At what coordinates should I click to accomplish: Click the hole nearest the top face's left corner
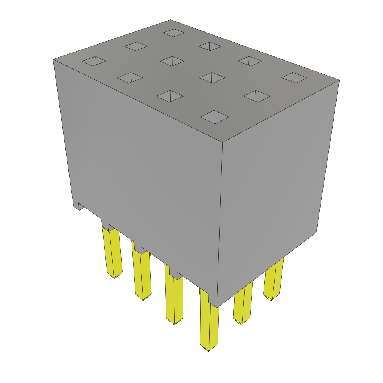pos(94,61)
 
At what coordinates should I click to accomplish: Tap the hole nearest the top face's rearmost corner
pos(174,33)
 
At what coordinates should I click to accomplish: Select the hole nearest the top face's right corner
pos(294,78)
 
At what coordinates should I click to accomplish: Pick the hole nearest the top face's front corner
pos(214,117)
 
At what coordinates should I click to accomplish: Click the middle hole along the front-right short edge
pos(257,96)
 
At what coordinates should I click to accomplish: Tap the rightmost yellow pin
pos(274,279)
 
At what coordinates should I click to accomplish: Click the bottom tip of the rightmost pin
pos(272,298)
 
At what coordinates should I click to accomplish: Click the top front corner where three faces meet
pos(223,143)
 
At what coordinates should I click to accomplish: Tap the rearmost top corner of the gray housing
pos(171,20)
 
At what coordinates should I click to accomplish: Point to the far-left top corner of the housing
pos(53,59)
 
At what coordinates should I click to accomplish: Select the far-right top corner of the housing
pos(339,80)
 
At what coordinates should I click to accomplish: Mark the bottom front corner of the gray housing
pos(217,307)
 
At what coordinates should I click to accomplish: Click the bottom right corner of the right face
pos(316,232)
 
